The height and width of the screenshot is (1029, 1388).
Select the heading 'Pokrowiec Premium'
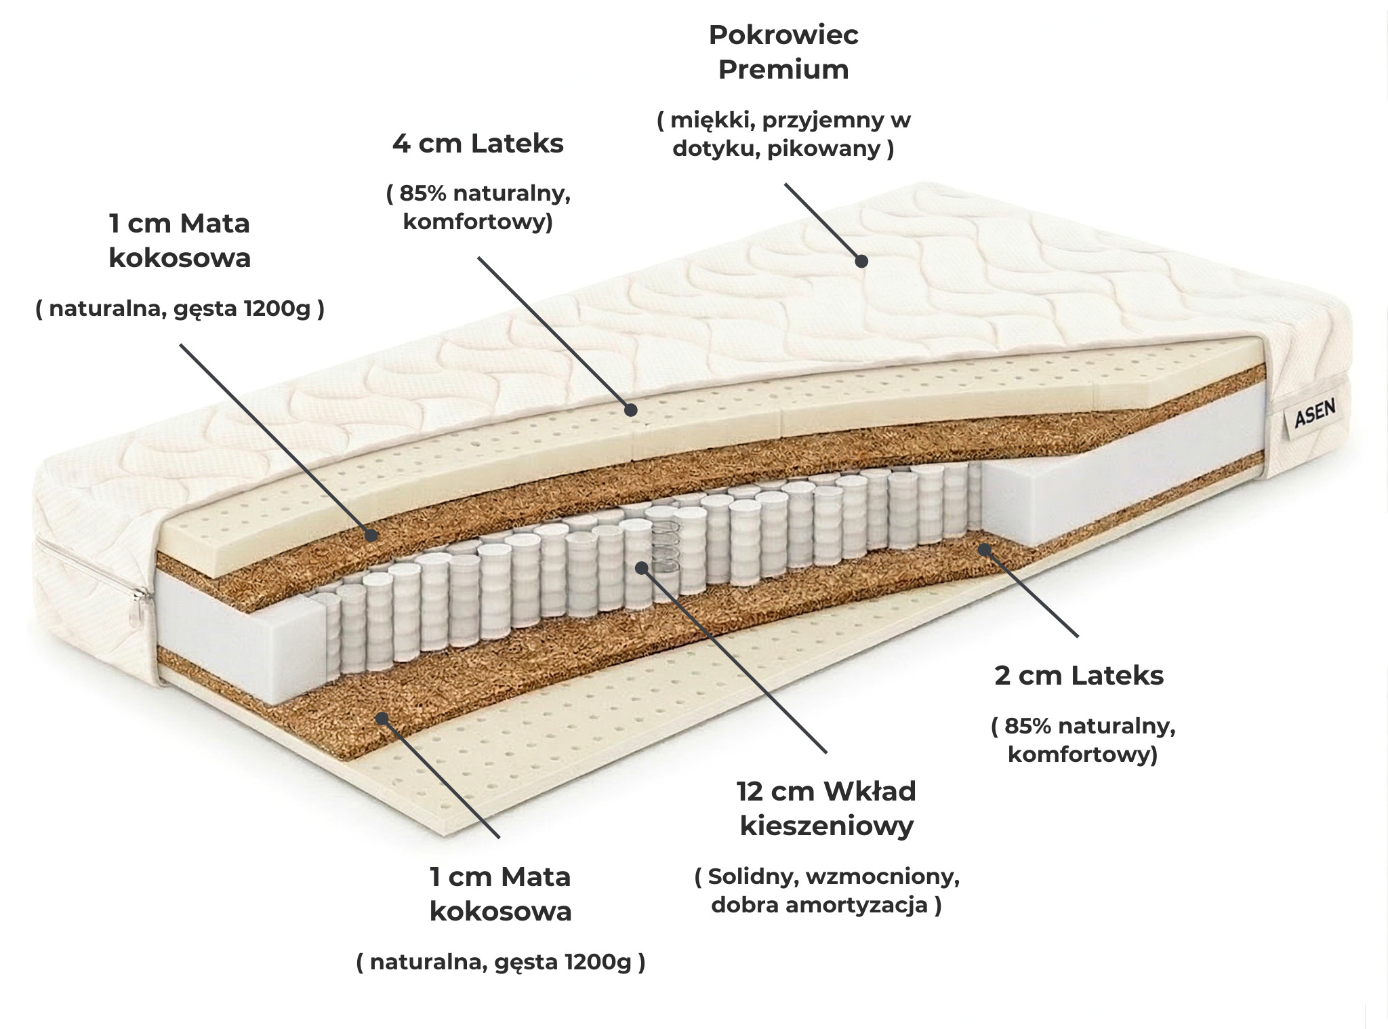click(x=783, y=52)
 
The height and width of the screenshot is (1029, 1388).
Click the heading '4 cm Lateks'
click(x=478, y=144)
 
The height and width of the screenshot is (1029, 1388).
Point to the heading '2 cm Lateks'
click(x=1079, y=675)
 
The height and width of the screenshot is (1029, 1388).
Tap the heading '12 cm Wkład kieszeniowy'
click(x=826, y=808)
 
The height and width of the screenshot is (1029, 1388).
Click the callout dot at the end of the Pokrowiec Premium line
click(x=861, y=261)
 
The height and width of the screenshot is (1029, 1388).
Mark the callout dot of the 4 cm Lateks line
click(x=630, y=409)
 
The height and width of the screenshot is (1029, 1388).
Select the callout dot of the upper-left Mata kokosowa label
click(x=371, y=535)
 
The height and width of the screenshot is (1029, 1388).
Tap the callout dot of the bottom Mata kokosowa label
click(x=382, y=718)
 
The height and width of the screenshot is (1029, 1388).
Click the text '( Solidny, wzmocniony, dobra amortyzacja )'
click(x=827, y=891)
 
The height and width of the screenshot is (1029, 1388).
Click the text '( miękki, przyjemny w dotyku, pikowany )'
click(x=783, y=134)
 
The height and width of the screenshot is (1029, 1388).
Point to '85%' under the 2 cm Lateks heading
click(x=1028, y=726)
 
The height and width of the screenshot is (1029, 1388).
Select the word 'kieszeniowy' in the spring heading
click(x=826, y=826)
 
